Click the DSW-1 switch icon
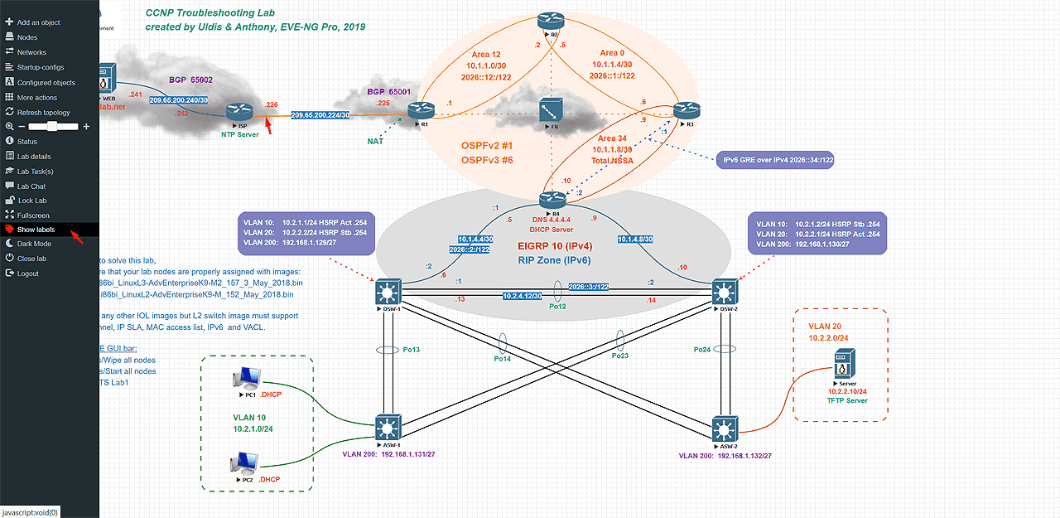pyautogui.click(x=387, y=292)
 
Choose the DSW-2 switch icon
pyautogui.click(x=723, y=292)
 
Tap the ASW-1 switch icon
pyautogui.click(x=387, y=428)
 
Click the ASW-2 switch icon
pyautogui.click(x=723, y=428)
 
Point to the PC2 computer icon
pyautogui.click(x=246, y=462)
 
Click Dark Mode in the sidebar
pyautogui.click(x=34, y=244)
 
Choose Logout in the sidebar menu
pyautogui.click(x=28, y=274)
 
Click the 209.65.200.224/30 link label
pyautogui.click(x=320, y=115)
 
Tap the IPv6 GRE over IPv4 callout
pyautogui.click(x=774, y=159)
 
